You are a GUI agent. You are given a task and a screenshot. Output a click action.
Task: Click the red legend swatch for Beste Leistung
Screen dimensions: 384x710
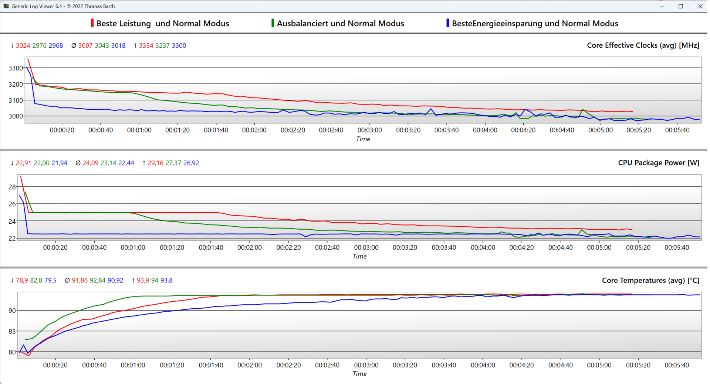click(x=92, y=23)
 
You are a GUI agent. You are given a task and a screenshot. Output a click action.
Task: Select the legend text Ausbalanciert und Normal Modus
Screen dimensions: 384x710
click(x=340, y=24)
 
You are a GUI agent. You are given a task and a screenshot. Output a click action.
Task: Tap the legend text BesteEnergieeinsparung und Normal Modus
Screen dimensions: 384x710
click(x=535, y=24)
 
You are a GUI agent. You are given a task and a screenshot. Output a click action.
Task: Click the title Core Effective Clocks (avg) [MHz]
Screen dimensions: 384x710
click(x=643, y=45)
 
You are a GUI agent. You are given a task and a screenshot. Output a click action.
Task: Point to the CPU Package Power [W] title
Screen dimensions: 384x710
click(x=658, y=163)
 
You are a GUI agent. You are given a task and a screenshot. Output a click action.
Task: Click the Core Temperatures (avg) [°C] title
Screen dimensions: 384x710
click(x=650, y=280)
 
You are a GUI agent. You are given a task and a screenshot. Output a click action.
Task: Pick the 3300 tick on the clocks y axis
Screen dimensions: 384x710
click(x=16, y=68)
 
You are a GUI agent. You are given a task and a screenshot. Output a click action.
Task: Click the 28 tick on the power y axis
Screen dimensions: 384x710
click(x=12, y=187)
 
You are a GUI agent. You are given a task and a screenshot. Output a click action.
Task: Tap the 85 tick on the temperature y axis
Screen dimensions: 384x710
click(x=12, y=332)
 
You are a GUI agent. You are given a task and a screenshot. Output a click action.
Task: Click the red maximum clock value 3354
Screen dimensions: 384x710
click(x=146, y=46)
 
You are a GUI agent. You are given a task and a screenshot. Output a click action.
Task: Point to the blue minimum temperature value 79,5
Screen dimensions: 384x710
click(x=50, y=281)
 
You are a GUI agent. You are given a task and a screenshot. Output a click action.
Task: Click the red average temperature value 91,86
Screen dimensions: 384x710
click(x=80, y=281)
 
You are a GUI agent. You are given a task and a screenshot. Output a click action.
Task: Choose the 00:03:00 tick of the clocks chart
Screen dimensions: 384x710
click(x=369, y=130)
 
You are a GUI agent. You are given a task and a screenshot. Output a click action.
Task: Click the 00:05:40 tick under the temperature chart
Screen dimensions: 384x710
click(x=677, y=365)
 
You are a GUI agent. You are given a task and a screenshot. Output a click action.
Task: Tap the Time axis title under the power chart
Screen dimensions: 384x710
click(x=359, y=257)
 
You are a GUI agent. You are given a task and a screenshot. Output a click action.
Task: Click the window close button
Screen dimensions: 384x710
click(x=700, y=6)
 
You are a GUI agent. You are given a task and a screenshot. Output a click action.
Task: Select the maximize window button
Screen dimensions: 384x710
click(x=681, y=6)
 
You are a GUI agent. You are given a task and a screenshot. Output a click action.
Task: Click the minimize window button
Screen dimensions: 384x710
click(x=662, y=6)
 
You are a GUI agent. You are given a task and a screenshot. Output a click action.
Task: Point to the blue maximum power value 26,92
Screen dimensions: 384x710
click(x=191, y=163)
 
